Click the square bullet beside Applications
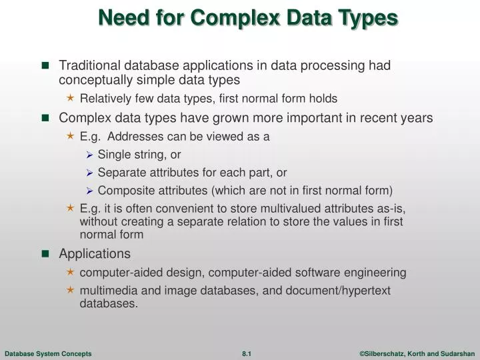(45, 253)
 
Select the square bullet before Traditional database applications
(45, 65)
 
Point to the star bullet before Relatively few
(71, 99)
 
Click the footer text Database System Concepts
(48, 353)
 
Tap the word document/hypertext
(337, 290)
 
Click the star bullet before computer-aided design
(71, 273)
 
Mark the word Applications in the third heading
(95, 253)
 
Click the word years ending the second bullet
(417, 118)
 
